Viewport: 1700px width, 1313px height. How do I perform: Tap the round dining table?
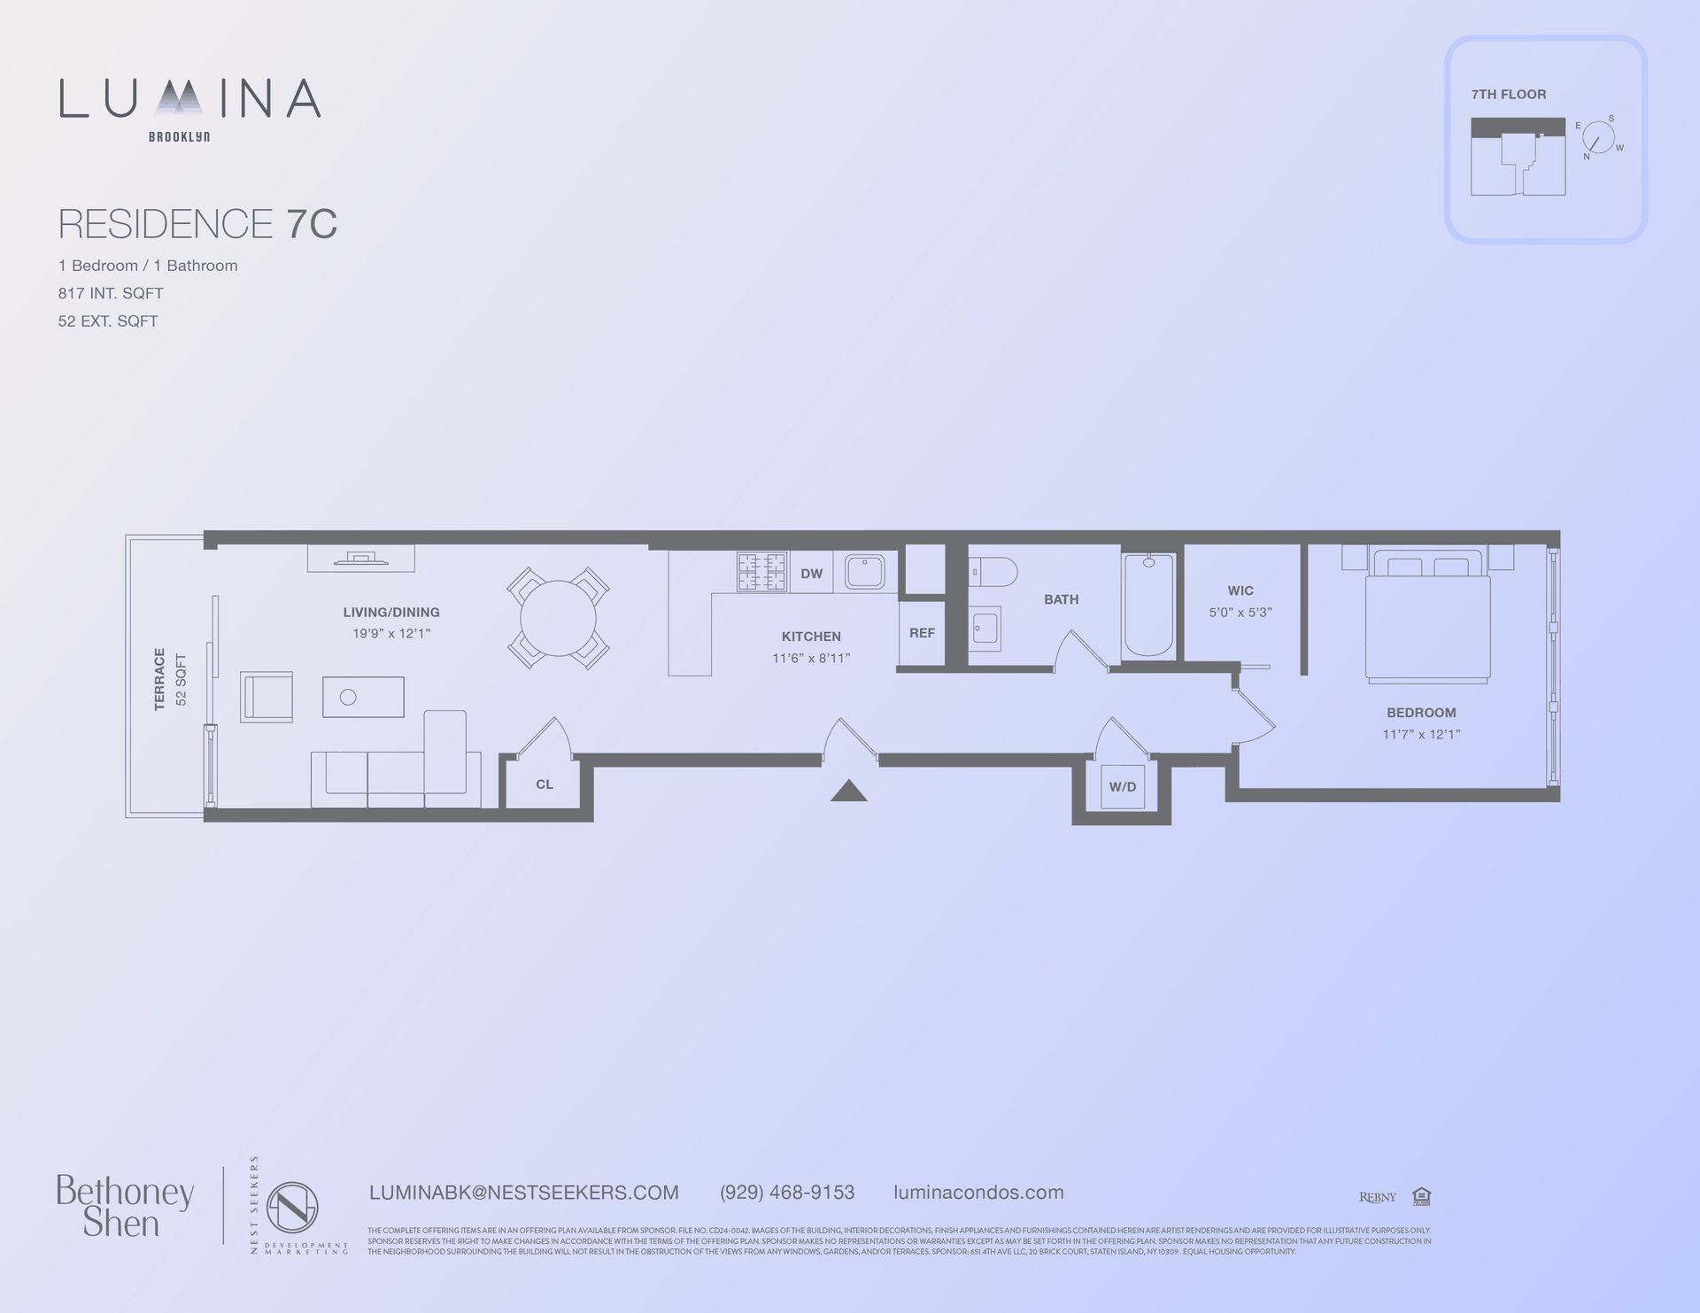point(558,618)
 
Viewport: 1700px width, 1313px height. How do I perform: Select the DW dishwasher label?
point(811,574)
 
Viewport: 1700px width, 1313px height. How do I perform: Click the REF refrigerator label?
point(922,633)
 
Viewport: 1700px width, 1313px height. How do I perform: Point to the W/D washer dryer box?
point(1122,786)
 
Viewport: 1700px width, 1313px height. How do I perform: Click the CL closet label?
point(545,784)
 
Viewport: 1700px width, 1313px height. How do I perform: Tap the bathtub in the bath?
point(1148,605)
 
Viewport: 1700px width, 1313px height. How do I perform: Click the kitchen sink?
point(864,572)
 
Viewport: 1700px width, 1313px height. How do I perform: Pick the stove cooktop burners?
point(761,572)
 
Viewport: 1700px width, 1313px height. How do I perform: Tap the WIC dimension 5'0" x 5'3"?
point(1240,613)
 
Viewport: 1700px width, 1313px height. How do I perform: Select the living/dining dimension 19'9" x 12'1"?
point(391,634)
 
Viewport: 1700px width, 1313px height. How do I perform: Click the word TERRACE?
point(159,679)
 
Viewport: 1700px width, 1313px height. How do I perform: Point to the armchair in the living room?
point(267,697)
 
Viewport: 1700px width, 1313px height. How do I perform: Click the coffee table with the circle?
point(363,697)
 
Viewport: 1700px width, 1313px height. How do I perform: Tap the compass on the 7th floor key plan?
point(1598,138)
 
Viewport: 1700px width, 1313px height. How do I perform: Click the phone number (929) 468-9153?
point(787,1193)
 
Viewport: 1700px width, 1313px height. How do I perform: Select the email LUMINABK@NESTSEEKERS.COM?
point(523,1193)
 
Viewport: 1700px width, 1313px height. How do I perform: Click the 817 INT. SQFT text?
point(111,293)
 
